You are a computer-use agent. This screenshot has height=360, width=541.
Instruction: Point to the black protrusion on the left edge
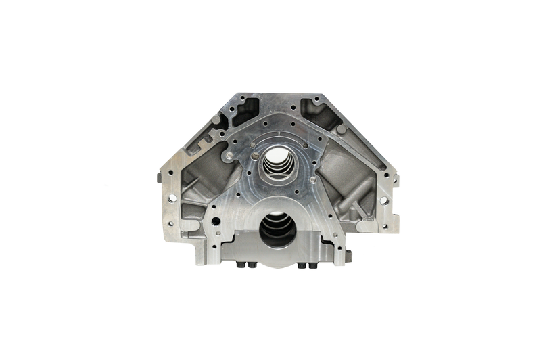click(x=157, y=177)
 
